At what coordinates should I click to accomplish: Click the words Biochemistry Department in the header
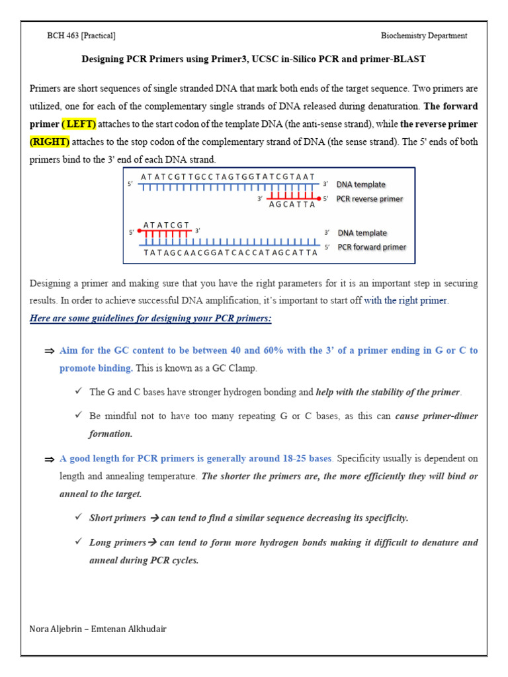(424, 36)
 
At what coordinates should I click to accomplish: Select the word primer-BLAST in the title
(398, 60)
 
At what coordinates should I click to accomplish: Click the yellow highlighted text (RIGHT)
(50, 141)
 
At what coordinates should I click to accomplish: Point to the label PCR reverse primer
(370, 198)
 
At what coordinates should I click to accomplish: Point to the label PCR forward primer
(372, 247)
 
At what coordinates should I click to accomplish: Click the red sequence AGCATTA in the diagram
(292, 205)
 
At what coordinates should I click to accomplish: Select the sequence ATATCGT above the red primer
(166, 225)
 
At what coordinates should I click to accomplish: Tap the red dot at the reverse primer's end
(319, 198)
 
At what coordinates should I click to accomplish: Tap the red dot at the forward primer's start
(140, 232)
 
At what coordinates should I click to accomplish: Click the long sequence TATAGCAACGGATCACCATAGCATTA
(230, 253)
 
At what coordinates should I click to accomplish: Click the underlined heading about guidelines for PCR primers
(151, 319)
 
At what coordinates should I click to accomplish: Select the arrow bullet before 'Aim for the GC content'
(49, 351)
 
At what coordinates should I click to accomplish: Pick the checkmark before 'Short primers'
(79, 518)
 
